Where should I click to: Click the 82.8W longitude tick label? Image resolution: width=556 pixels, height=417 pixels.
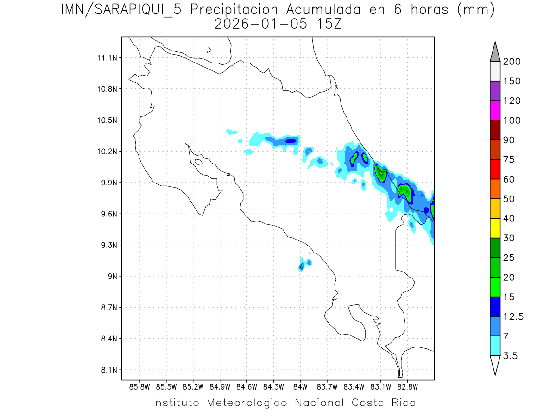[x=408, y=386]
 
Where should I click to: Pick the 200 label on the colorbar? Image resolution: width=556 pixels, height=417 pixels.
[x=512, y=62]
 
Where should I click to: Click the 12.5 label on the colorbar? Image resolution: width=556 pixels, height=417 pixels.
[x=513, y=316]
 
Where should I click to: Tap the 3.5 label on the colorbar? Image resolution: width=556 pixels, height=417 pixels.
[x=510, y=356]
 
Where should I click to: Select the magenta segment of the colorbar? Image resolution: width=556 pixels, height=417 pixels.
[x=495, y=110]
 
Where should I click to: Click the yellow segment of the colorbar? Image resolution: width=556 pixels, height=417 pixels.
[x=495, y=227]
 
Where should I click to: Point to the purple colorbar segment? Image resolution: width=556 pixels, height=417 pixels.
[x=495, y=91]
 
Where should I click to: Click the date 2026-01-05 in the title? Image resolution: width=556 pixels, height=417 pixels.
[x=259, y=25]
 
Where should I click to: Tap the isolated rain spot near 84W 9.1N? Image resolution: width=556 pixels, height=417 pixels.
[x=302, y=266]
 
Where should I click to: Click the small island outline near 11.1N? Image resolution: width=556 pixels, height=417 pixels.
[x=209, y=50]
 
